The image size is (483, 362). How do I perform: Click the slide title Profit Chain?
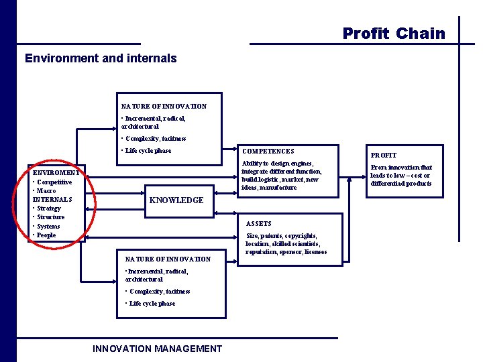point(394,34)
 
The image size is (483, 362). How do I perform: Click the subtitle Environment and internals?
point(101,58)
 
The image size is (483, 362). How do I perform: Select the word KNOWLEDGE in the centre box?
point(176,200)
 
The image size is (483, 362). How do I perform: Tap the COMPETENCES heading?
point(268,152)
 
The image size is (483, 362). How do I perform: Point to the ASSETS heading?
point(259,223)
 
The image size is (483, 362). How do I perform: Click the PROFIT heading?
point(384,155)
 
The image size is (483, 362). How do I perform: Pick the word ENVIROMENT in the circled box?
point(56,173)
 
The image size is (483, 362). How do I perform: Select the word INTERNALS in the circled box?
point(52,199)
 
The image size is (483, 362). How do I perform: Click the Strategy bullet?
point(49,208)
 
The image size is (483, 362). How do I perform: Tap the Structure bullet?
point(50,217)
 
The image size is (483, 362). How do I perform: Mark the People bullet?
point(46,235)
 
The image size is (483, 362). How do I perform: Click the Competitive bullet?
point(54,182)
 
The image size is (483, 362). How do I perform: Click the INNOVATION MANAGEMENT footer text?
point(157,349)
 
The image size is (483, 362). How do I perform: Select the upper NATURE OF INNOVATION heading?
point(164,106)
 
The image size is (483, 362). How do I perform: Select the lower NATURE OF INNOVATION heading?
point(168,259)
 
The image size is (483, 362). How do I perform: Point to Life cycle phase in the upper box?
point(148,150)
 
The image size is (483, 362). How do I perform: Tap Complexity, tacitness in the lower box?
point(159,292)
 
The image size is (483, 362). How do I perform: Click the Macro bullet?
point(47,190)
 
